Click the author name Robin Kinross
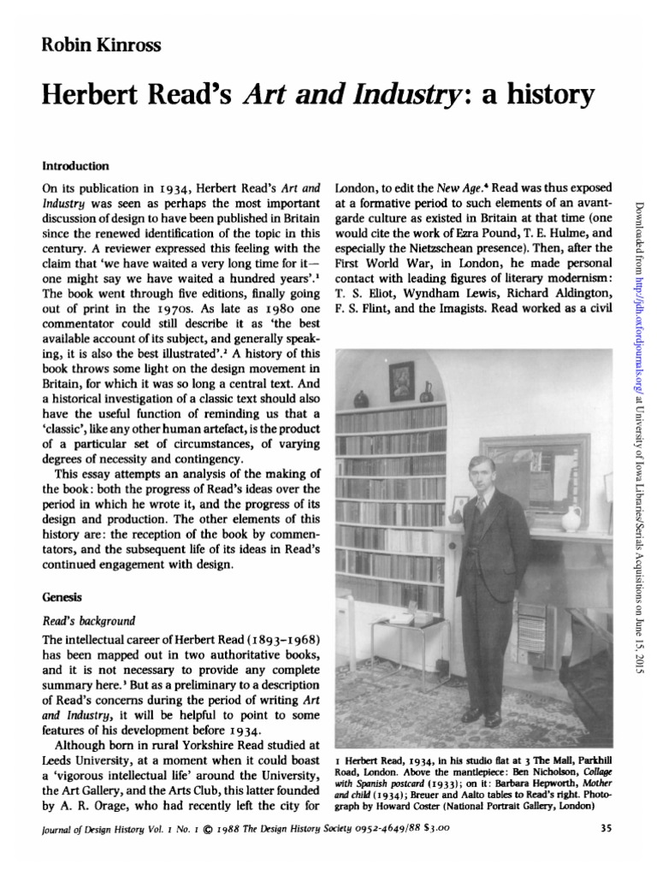(x=88, y=45)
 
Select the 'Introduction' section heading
(x=75, y=166)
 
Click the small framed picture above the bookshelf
(x=401, y=382)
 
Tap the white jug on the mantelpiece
(x=571, y=518)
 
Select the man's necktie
(x=482, y=506)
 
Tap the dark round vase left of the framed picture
(x=362, y=398)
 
